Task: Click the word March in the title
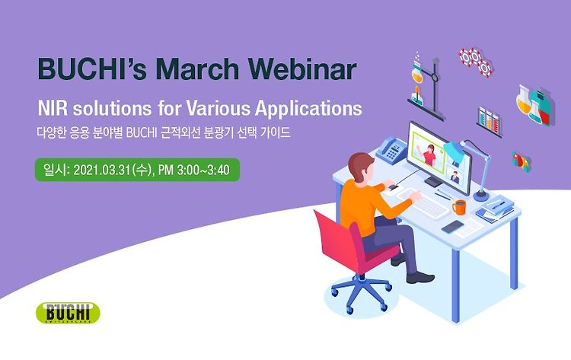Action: [x=197, y=68]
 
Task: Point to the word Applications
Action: [x=308, y=109]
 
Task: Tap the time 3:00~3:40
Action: [x=203, y=170]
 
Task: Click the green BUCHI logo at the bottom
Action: [x=68, y=313]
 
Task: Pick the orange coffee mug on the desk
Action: [x=459, y=207]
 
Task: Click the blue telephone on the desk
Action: [x=391, y=150]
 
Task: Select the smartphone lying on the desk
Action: [x=453, y=226]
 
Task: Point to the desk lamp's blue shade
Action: [x=455, y=150]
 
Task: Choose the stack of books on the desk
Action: [x=496, y=209]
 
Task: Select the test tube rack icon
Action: [x=489, y=122]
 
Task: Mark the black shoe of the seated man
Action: [x=420, y=278]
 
